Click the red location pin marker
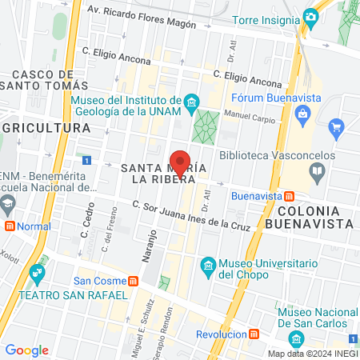click(x=181, y=162)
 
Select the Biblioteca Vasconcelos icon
click(x=318, y=170)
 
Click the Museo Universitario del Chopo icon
click(x=208, y=265)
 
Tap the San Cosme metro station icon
click(x=133, y=281)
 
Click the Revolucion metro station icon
click(x=254, y=333)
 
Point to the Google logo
click(x=26, y=350)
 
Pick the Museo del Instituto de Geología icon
click(x=190, y=102)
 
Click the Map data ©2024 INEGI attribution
click(x=311, y=353)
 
